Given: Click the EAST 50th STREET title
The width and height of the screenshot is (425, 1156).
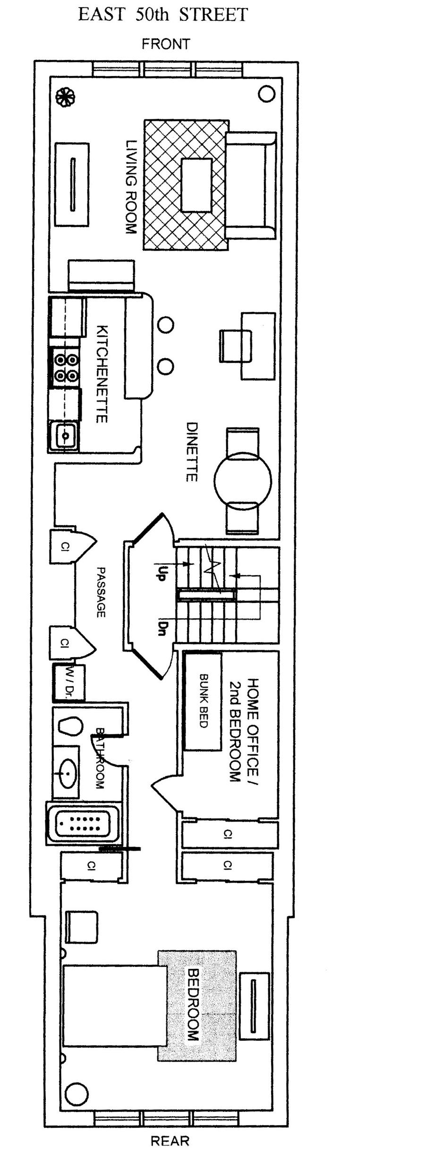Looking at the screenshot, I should (x=162, y=15).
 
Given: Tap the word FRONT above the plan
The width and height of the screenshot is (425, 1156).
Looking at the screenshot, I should (x=166, y=44).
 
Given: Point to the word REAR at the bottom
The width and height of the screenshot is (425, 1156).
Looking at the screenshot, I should (x=170, y=1141).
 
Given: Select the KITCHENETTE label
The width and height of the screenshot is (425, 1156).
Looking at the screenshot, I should (x=102, y=374).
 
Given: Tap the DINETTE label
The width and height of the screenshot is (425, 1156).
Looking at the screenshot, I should (x=191, y=452).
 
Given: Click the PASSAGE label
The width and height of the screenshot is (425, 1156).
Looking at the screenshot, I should (x=101, y=592).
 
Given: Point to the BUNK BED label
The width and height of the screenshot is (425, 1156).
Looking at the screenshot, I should (x=204, y=700).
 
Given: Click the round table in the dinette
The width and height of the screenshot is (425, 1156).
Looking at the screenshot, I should (x=243, y=481).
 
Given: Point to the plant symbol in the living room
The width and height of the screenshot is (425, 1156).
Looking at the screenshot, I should (x=65, y=97).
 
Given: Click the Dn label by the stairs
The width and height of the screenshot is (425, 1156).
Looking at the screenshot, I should (x=161, y=627).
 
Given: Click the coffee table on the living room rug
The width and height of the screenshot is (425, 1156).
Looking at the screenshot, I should (x=196, y=185).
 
